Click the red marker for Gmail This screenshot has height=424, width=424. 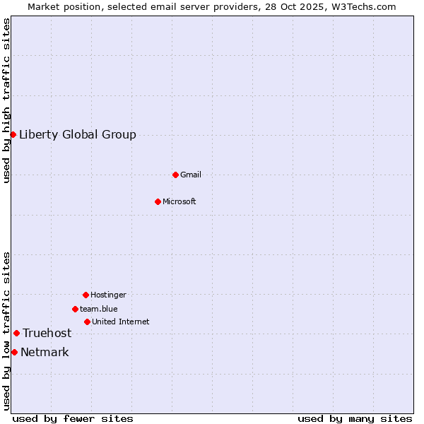(175, 175)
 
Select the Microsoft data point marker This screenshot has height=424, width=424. (158, 201)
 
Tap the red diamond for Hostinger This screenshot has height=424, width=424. (86, 295)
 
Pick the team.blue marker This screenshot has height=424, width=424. (75, 309)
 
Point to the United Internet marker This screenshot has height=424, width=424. (87, 322)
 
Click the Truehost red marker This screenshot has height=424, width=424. (16, 333)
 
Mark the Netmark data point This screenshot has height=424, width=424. (14, 352)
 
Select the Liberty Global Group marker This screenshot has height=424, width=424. (13, 134)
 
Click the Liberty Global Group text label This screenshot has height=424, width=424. (78, 134)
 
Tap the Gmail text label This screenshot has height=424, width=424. (191, 175)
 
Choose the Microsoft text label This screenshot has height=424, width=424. (179, 201)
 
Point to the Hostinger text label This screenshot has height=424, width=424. (108, 295)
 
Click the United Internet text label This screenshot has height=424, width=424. (121, 322)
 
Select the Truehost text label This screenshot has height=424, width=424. (47, 333)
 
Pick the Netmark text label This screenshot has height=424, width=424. (45, 352)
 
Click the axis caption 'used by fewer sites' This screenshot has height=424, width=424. (73, 418)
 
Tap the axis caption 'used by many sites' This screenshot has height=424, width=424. (355, 418)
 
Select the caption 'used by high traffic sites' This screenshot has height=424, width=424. (6, 100)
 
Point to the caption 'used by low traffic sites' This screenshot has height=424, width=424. (6, 331)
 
